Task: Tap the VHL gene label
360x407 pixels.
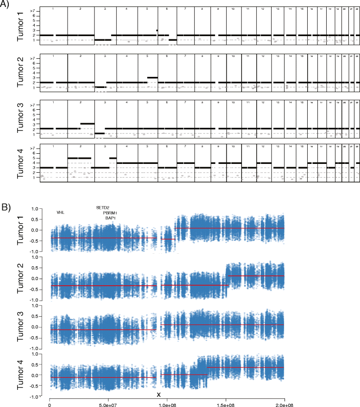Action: click(x=61, y=213)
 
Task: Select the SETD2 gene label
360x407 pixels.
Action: click(x=103, y=208)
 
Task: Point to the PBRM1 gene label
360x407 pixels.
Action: click(x=110, y=213)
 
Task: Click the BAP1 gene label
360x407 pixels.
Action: click(x=110, y=218)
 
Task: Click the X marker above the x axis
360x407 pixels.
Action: click(x=159, y=394)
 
